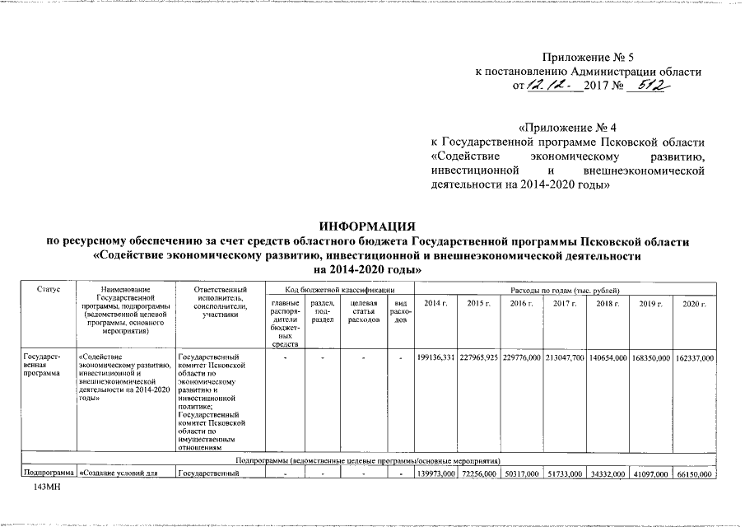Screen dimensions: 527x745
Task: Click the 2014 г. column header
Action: (x=435, y=305)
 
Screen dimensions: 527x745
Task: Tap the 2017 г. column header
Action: (x=565, y=305)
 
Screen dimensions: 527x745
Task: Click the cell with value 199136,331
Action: (x=436, y=358)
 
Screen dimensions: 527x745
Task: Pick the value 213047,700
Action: (x=565, y=358)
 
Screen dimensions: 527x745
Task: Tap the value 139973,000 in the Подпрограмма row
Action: (x=436, y=473)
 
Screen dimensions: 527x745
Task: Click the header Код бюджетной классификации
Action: (x=338, y=290)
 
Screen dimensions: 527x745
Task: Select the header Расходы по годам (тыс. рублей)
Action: (x=565, y=290)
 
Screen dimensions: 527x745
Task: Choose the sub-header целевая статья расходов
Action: (x=364, y=313)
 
